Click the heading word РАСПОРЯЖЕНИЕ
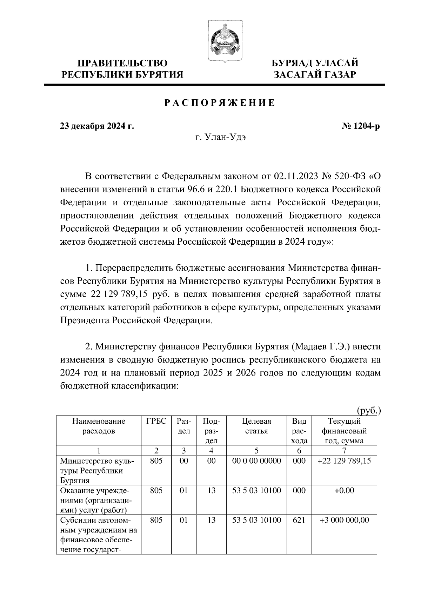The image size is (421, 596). pyautogui.click(x=220, y=103)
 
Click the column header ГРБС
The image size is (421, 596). pyautogui.click(x=156, y=421)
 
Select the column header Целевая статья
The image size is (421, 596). pyautogui.click(x=256, y=426)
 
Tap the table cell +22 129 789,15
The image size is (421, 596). pyautogui.click(x=344, y=461)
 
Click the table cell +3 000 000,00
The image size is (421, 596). pyautogui.click(x=344, y=520)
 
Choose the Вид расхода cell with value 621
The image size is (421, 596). pyautogui.click(x=299, y=520)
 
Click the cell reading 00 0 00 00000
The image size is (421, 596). pyautogui.click(x=256, y=461)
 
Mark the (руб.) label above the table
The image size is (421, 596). pyautogui.click(x=368, y=410)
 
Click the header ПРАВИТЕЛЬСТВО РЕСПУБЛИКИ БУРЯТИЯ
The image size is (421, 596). pyautogui.click(x=122, y=69)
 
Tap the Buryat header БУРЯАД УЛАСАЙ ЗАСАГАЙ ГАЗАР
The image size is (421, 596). pyautogui.click(x=315, y=69)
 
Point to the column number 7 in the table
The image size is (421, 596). pyautogui.click(x=344, y=451)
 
